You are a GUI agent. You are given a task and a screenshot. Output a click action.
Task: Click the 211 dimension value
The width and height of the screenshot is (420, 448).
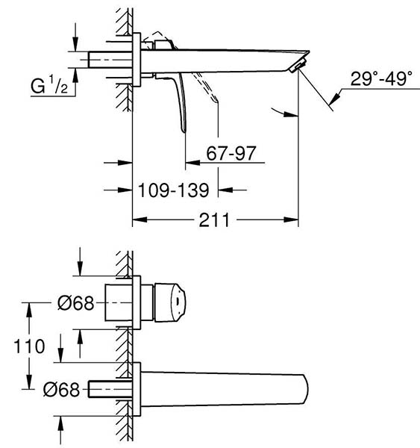pyautogui.click(x=214, y=220)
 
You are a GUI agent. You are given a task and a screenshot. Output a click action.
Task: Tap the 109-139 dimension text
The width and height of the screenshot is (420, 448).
pyautogui.click(x=173, y=190)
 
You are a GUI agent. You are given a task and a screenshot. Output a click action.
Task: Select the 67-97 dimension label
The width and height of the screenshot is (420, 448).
pyautogui.click(x=231, y=153)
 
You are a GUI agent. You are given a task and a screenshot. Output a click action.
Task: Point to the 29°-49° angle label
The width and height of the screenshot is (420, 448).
pyautogui.click(x=381, y=78)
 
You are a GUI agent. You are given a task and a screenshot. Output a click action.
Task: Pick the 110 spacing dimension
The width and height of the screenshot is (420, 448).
pyautogui.click(x=29, y=346)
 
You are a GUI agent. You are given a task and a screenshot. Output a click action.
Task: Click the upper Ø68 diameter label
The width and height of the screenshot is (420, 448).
pyautogui.click(x=75, y=303)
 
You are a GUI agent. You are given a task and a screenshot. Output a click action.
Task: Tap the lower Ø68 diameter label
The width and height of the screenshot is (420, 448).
pyautogui.click(x=61, y=389)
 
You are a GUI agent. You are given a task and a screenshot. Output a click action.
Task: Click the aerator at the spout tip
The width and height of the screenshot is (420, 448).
pyautogui.click(x=298, y=64)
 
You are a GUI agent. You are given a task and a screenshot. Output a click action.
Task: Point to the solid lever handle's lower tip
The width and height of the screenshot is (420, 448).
pyautogui.click(x=184, y=131)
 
